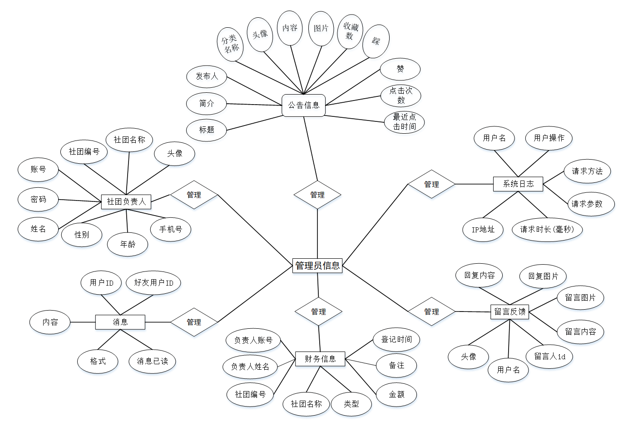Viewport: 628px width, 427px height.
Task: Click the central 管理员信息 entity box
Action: [317, 266]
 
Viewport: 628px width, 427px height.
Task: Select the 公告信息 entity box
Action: [304, 105]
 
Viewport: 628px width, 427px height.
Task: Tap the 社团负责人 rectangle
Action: [126, 201]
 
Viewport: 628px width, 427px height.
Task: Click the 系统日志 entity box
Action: [518, 184]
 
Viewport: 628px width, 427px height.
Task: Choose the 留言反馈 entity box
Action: [509, 311]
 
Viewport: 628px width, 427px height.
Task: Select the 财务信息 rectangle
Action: [320, 359]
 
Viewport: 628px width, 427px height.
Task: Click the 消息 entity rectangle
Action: [120, 322]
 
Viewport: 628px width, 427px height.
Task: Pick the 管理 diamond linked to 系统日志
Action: [431, 184]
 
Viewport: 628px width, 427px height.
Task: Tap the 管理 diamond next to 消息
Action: [194, 322]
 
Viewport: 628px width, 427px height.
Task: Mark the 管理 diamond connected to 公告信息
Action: [317, 195]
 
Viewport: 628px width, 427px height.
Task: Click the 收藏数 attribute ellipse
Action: [350, 31]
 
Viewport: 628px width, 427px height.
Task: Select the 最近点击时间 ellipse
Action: [404, 122]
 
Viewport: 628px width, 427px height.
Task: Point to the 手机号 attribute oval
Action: [171, 229]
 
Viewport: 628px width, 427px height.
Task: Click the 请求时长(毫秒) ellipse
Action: [547, 229]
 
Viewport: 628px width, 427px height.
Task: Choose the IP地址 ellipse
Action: [483, 229]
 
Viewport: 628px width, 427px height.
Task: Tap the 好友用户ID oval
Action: [153, 282]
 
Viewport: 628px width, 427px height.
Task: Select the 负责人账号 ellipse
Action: [253, 340]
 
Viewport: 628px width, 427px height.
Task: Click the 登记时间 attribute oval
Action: [396, 339]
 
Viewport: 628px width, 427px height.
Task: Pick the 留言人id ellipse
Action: [549, 356]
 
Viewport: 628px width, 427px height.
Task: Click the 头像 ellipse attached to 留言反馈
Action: [469, 357]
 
